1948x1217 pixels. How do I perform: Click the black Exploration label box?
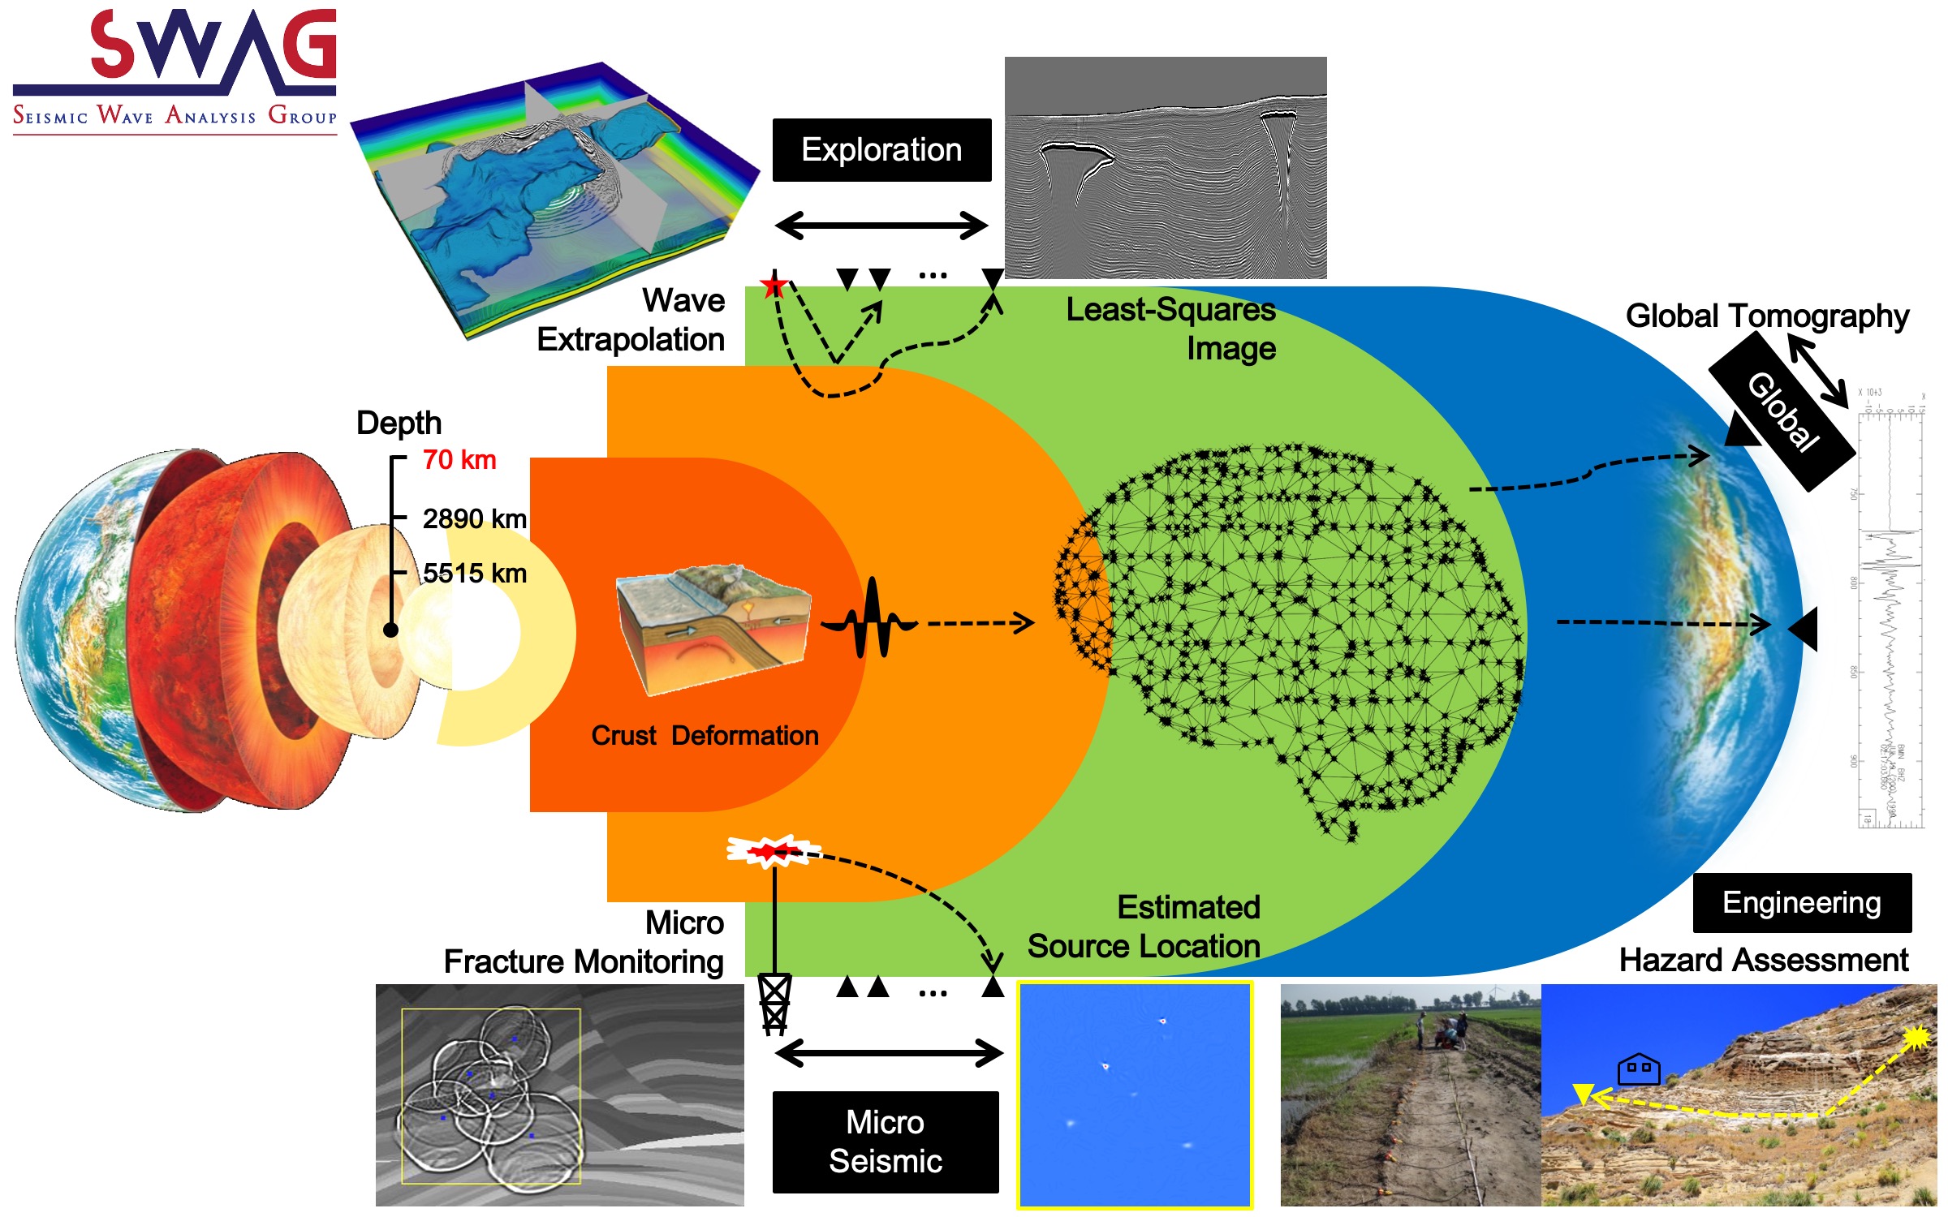[x=881, y=150]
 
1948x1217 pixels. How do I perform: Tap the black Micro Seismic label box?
[x=885, y=1142]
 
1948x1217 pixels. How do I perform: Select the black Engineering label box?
[x=1801, y=903]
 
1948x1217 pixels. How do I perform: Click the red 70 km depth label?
[x=459, y=460]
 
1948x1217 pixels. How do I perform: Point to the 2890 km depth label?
[x=474, y=518]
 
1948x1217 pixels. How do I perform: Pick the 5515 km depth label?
[x=474, y=574]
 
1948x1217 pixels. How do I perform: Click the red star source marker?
[x=774, y=286]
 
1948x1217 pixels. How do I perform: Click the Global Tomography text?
[x=1766, y=316]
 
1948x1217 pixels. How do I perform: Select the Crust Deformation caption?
[x=705, y=735]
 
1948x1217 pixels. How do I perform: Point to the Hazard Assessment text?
[x=1763, y=960]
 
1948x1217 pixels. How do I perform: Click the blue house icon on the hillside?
[x=1638, y=1069]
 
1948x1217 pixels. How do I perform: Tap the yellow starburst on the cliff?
[x=1916, y=1037]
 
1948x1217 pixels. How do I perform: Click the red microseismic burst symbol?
[x=770, y=851]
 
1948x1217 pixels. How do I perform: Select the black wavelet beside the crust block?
[x=870, y=618]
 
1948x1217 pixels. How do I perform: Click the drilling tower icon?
[x=774, y=1004]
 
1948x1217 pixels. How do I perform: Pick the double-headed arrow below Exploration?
[x=881, y=225]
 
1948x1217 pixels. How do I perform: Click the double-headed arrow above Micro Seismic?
[x=889, y=1053]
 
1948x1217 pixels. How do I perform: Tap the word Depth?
[x=399, y=423]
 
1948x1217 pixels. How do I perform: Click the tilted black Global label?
[x=1782, y=412]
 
